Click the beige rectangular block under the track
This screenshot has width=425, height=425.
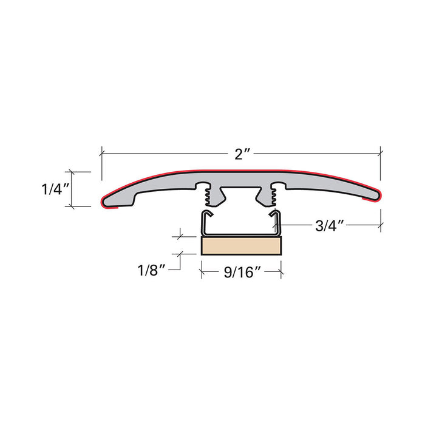tap(241, 246)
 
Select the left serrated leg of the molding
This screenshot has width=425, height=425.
tap(209, 194)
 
